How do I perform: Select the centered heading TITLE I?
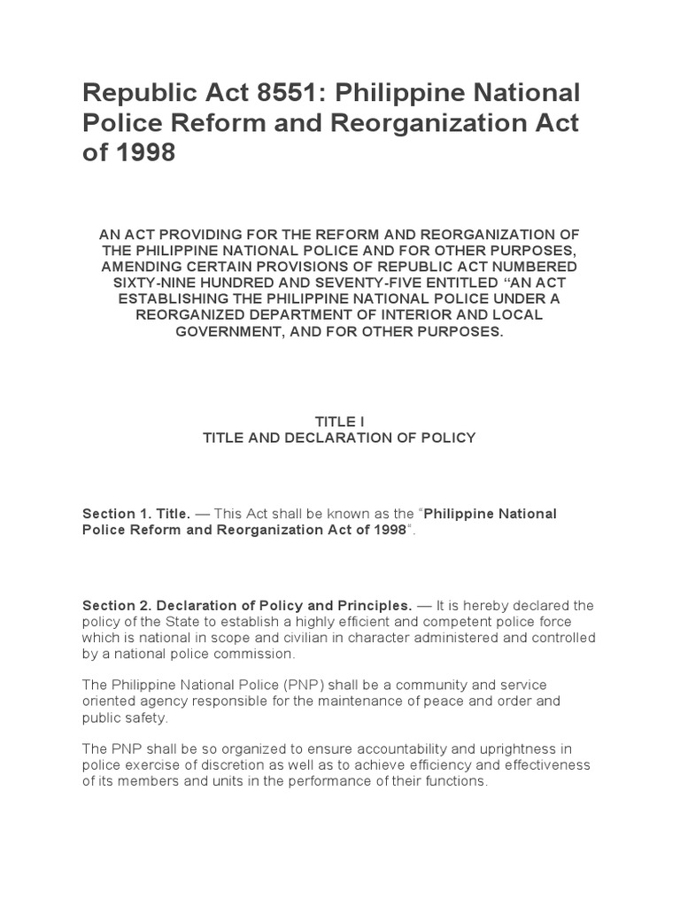[x=339, y=422]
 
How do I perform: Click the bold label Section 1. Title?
[x=136, y=514]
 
